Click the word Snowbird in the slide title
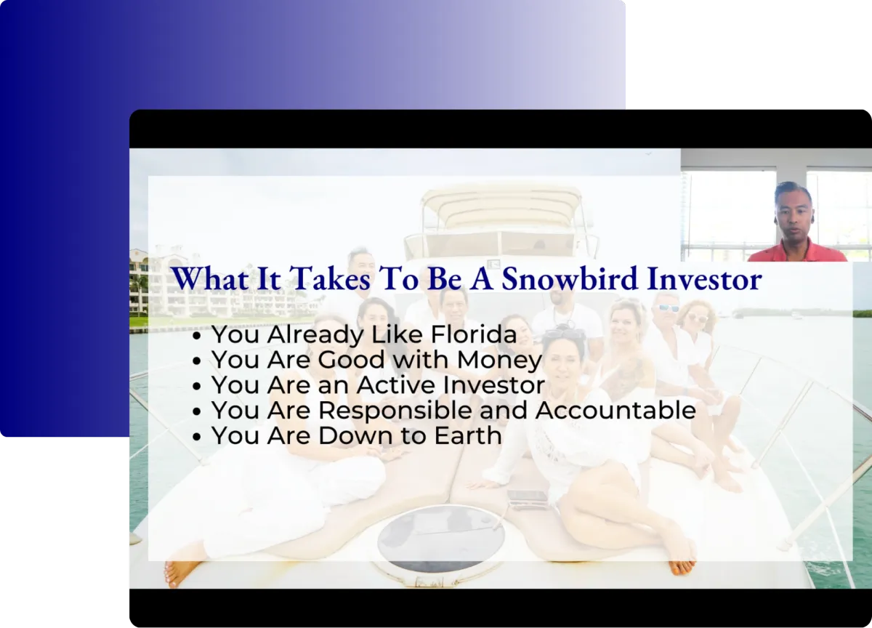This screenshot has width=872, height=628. click(x=570, y=279)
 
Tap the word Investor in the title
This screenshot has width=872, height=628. click(x=704, y=279)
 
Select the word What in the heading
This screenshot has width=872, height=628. click(x=210, y=279)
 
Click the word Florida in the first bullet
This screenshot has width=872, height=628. click(x=474, y=334)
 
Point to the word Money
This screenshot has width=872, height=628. click(x=499, y=360)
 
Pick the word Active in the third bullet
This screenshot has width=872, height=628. click(x=395, y=385)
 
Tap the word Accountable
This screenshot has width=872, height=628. click(x=615, y=411)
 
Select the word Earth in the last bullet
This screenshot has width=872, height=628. click(x=468, y=435)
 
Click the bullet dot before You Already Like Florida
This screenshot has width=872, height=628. click(x=197, y=336)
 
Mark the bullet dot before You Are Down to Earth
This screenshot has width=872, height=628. click(x=197, y=437)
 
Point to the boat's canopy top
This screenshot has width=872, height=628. click(x=502, y=206)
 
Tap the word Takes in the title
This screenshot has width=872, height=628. click(x=330, y=279)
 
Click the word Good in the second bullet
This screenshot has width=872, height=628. click(x=352, y=360)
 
